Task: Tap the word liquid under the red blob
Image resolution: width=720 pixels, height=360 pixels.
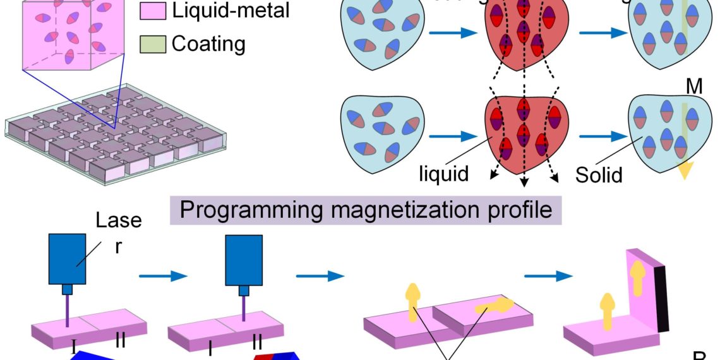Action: click(444, 173)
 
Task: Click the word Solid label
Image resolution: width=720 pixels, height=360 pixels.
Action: click(599, 174)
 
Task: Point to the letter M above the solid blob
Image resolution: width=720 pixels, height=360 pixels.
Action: click(694, 87)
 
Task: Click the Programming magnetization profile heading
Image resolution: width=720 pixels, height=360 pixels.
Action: click(366, 209)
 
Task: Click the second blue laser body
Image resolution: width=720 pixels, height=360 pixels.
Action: click(243, 259)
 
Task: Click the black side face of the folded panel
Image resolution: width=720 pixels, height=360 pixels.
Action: click(661, 298)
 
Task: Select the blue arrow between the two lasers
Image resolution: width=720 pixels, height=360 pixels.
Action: click(163, 276)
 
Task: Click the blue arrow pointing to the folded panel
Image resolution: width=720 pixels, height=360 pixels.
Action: click(548, 276)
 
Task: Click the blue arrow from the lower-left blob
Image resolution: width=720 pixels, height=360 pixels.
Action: click(453, 135)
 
